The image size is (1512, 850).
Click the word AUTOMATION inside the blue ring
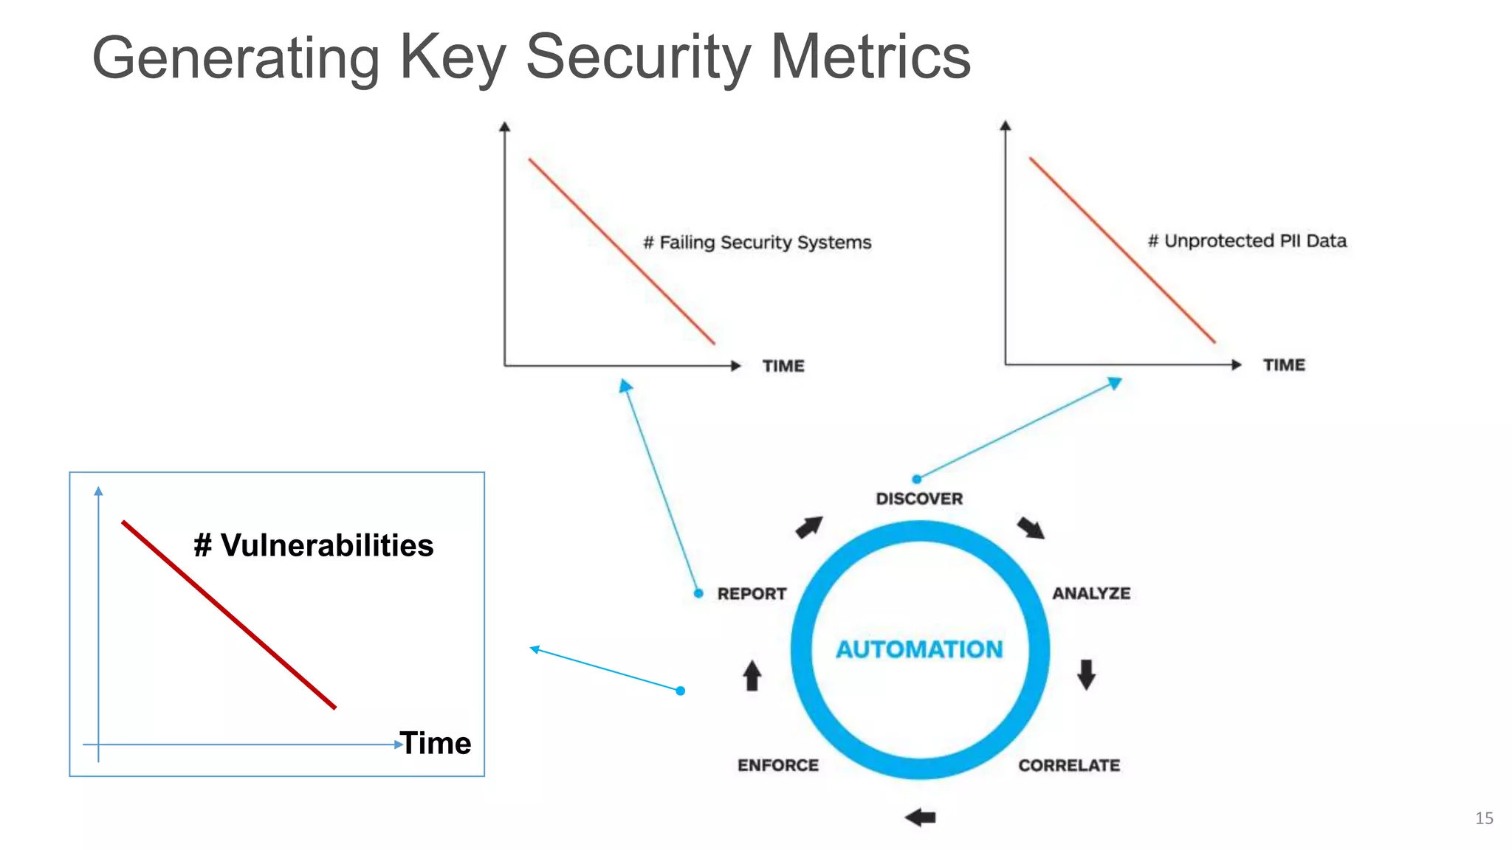click(919, 649)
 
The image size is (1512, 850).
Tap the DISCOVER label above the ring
click(919, 499)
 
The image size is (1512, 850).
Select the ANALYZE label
click(1091, 593)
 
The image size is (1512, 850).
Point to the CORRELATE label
click(1069, 765)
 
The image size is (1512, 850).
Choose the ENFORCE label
click(778, 765)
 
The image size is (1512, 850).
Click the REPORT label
click(752, 594)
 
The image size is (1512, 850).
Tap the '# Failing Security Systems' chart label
click(757, 243)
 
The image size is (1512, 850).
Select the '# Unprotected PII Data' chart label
click(1247, 241)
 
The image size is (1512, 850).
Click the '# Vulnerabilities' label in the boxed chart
click(313, 546)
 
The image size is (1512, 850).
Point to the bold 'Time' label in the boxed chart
click(436, 743)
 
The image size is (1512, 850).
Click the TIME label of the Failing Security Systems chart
click(783, 366)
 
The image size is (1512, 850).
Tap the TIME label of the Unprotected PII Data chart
click(1284, 365)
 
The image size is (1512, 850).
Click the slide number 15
click(1484, 818)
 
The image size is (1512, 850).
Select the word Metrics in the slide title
click(870, 57)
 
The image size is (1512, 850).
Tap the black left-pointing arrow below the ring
click(921, 817)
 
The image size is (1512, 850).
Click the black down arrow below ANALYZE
click(1086, 674)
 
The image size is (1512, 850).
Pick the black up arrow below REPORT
click(752, 675)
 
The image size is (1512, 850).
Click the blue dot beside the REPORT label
click(698, 593)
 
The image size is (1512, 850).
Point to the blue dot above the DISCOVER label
click(916, 479)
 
